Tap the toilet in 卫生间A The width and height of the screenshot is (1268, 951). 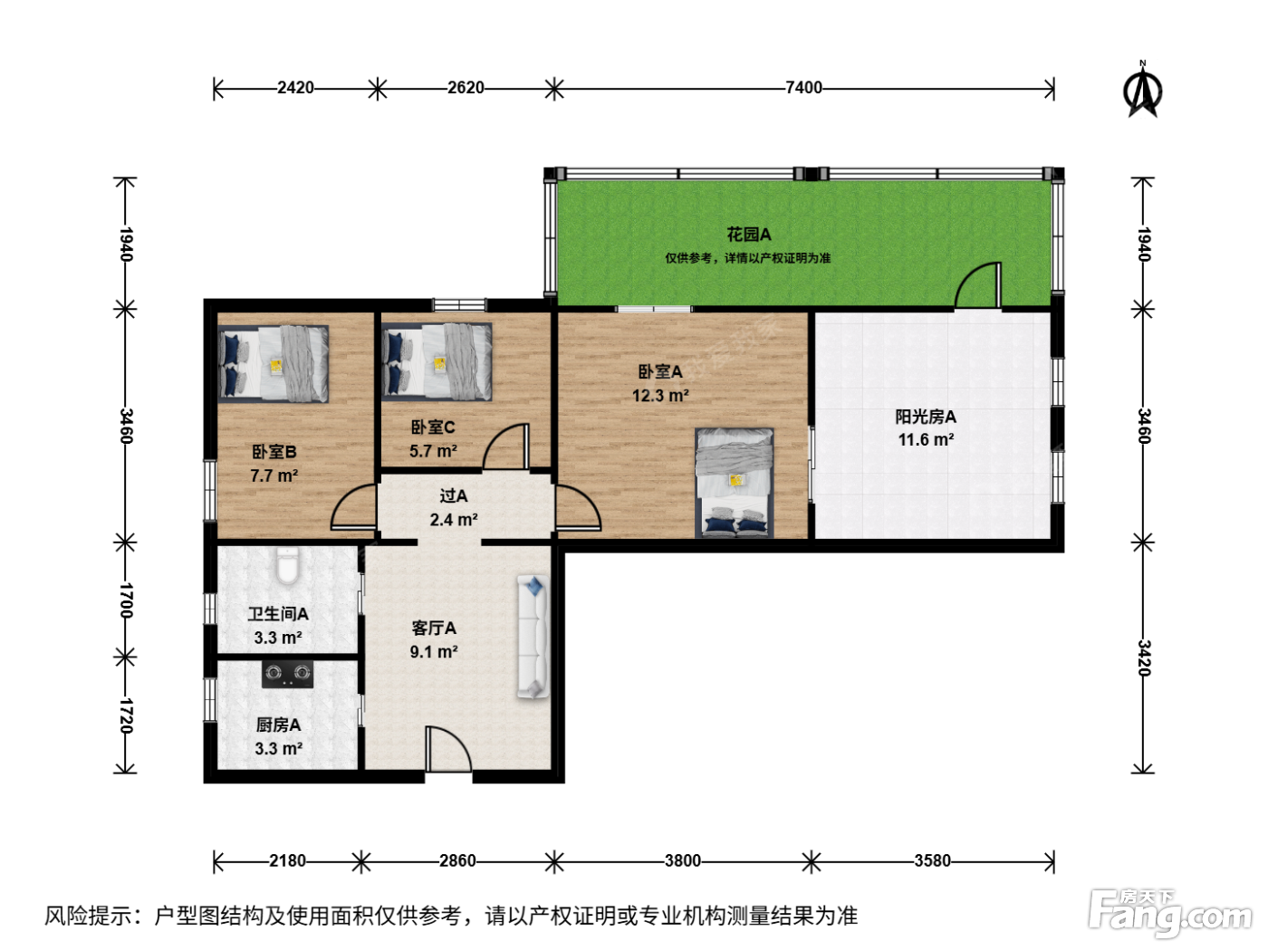(288, 566)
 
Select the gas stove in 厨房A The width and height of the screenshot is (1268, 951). (287, 673)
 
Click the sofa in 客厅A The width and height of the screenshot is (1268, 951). (533, 637)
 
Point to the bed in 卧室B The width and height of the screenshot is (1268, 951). (274, 363)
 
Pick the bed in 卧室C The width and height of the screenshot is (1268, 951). (437, 362)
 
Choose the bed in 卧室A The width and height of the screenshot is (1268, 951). (735, 483)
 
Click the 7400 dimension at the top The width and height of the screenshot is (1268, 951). (803, 87)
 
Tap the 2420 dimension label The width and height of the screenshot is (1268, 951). (295, 87)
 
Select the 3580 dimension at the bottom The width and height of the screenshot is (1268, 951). (932, 861)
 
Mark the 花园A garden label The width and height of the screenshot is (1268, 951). (749, 235)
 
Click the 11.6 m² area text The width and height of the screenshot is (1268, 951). (926, 440)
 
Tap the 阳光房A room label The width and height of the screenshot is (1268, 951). (926, 417)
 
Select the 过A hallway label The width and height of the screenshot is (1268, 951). (454, 495)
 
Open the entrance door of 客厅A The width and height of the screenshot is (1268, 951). (448, 748)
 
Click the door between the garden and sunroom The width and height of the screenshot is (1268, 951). (977, 284)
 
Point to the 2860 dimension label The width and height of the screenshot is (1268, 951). (457, 861)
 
